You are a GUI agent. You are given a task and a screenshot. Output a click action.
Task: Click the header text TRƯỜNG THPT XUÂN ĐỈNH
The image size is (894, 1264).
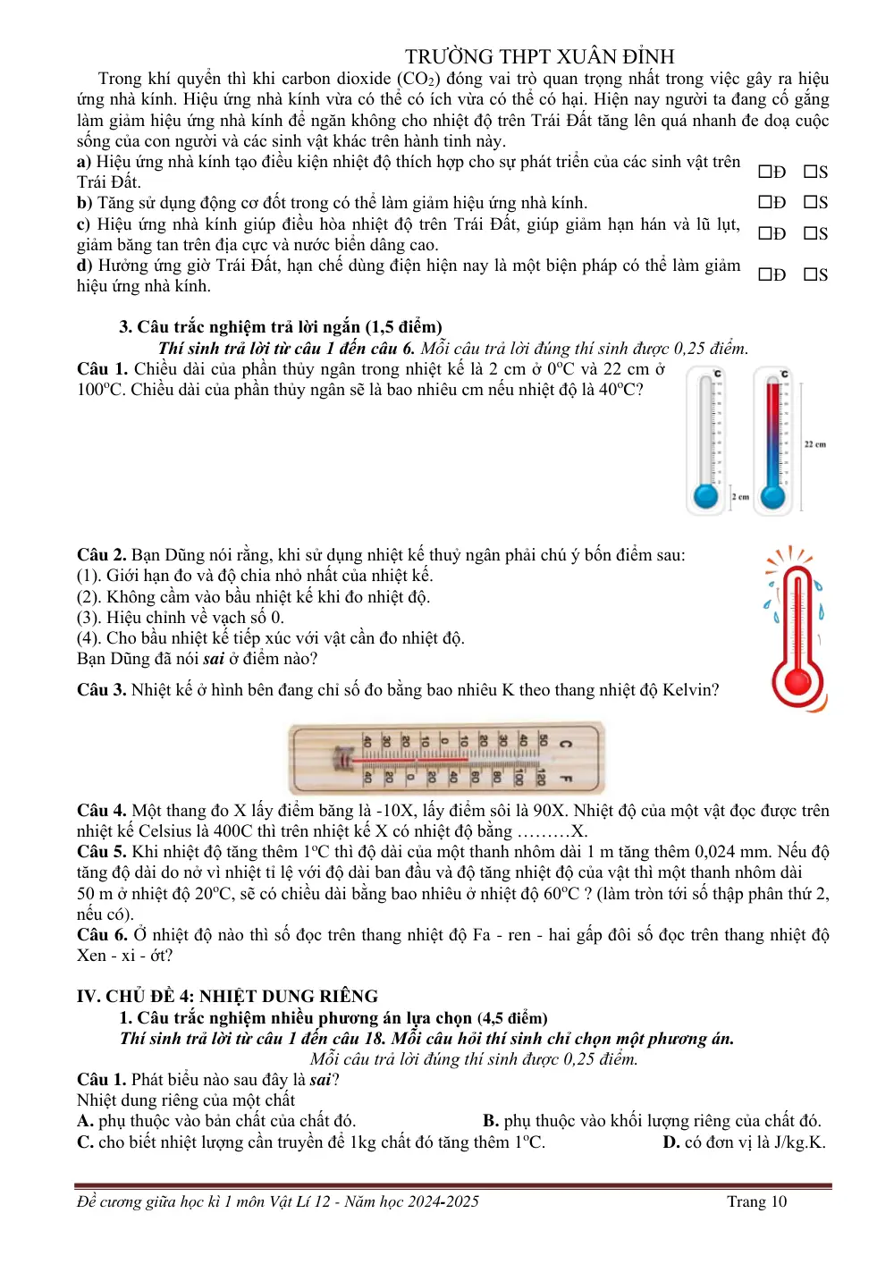[x=540, y=56]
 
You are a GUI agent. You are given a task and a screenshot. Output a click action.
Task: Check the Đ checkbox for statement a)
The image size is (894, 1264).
[x=764, y=172]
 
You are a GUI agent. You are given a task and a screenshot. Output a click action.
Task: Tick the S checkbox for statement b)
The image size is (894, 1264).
[x=810, y=202]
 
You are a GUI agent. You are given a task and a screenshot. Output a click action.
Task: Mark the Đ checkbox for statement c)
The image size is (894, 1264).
[x=764, y=233]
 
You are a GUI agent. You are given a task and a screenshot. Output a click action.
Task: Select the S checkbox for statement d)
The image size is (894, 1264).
[x=810, y=274]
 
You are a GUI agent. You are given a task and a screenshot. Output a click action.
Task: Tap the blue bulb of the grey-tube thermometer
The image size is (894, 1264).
[x=705, y=497]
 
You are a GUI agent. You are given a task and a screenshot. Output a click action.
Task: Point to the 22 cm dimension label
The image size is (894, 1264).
[x=815, y=444]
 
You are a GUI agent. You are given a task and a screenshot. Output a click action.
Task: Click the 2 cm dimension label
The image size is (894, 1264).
[x=740, y=497]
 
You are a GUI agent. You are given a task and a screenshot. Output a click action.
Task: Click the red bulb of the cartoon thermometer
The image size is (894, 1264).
[x=797, y=683]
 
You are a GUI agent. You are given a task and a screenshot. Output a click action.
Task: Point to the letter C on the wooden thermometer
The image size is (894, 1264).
[x=566, y=744]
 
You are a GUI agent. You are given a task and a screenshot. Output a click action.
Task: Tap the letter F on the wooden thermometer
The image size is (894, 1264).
[x=566, y=779]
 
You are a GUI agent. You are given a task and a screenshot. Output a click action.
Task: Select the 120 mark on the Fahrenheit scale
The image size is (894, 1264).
[x=541, y=778]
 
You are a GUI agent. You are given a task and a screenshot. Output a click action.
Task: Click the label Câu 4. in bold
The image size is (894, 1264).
[x=102, y=811]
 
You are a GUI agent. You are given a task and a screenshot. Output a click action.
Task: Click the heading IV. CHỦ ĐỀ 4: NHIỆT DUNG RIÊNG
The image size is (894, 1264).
[x=227, y=996]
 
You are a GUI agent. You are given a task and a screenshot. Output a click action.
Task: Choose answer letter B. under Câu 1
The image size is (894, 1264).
[x=491, y=1121]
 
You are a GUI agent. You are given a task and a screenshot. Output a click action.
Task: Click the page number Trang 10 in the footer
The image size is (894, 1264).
[x=756, y=1202]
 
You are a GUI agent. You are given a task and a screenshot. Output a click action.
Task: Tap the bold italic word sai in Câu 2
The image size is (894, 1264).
[x=214, y=659]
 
